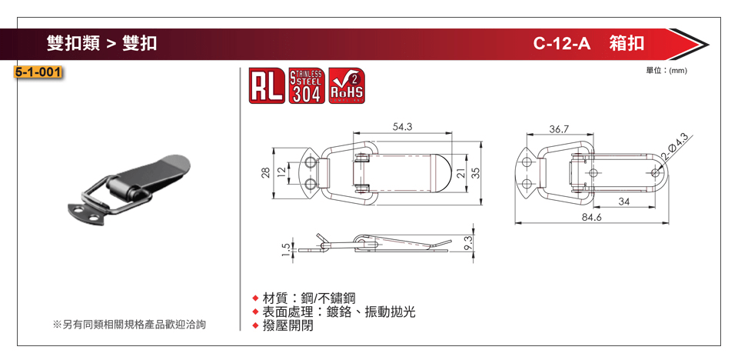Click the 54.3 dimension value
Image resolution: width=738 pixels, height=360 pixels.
pyautogui.click(x=402, y=126)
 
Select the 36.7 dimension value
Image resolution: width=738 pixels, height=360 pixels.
pyautogui.click(x=559, y=128)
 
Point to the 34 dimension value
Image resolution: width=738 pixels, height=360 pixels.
pyautogui.click(x=623, y=202)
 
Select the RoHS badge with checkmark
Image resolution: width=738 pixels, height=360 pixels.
pyautogui.click(x=346, y=87)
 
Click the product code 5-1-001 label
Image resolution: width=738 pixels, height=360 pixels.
pyautogui.click(x=38, y=73)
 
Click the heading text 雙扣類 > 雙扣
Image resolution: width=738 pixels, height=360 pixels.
pyautogui.click(x=101, y=43)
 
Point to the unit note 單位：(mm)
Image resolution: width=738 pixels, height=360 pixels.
pyautogui.click(x=667, y=70)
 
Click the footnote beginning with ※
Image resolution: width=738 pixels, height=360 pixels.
pyautogui.click(x=129, y=325)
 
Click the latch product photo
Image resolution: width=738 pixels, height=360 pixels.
pyautogui.click(x=131, y=188)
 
